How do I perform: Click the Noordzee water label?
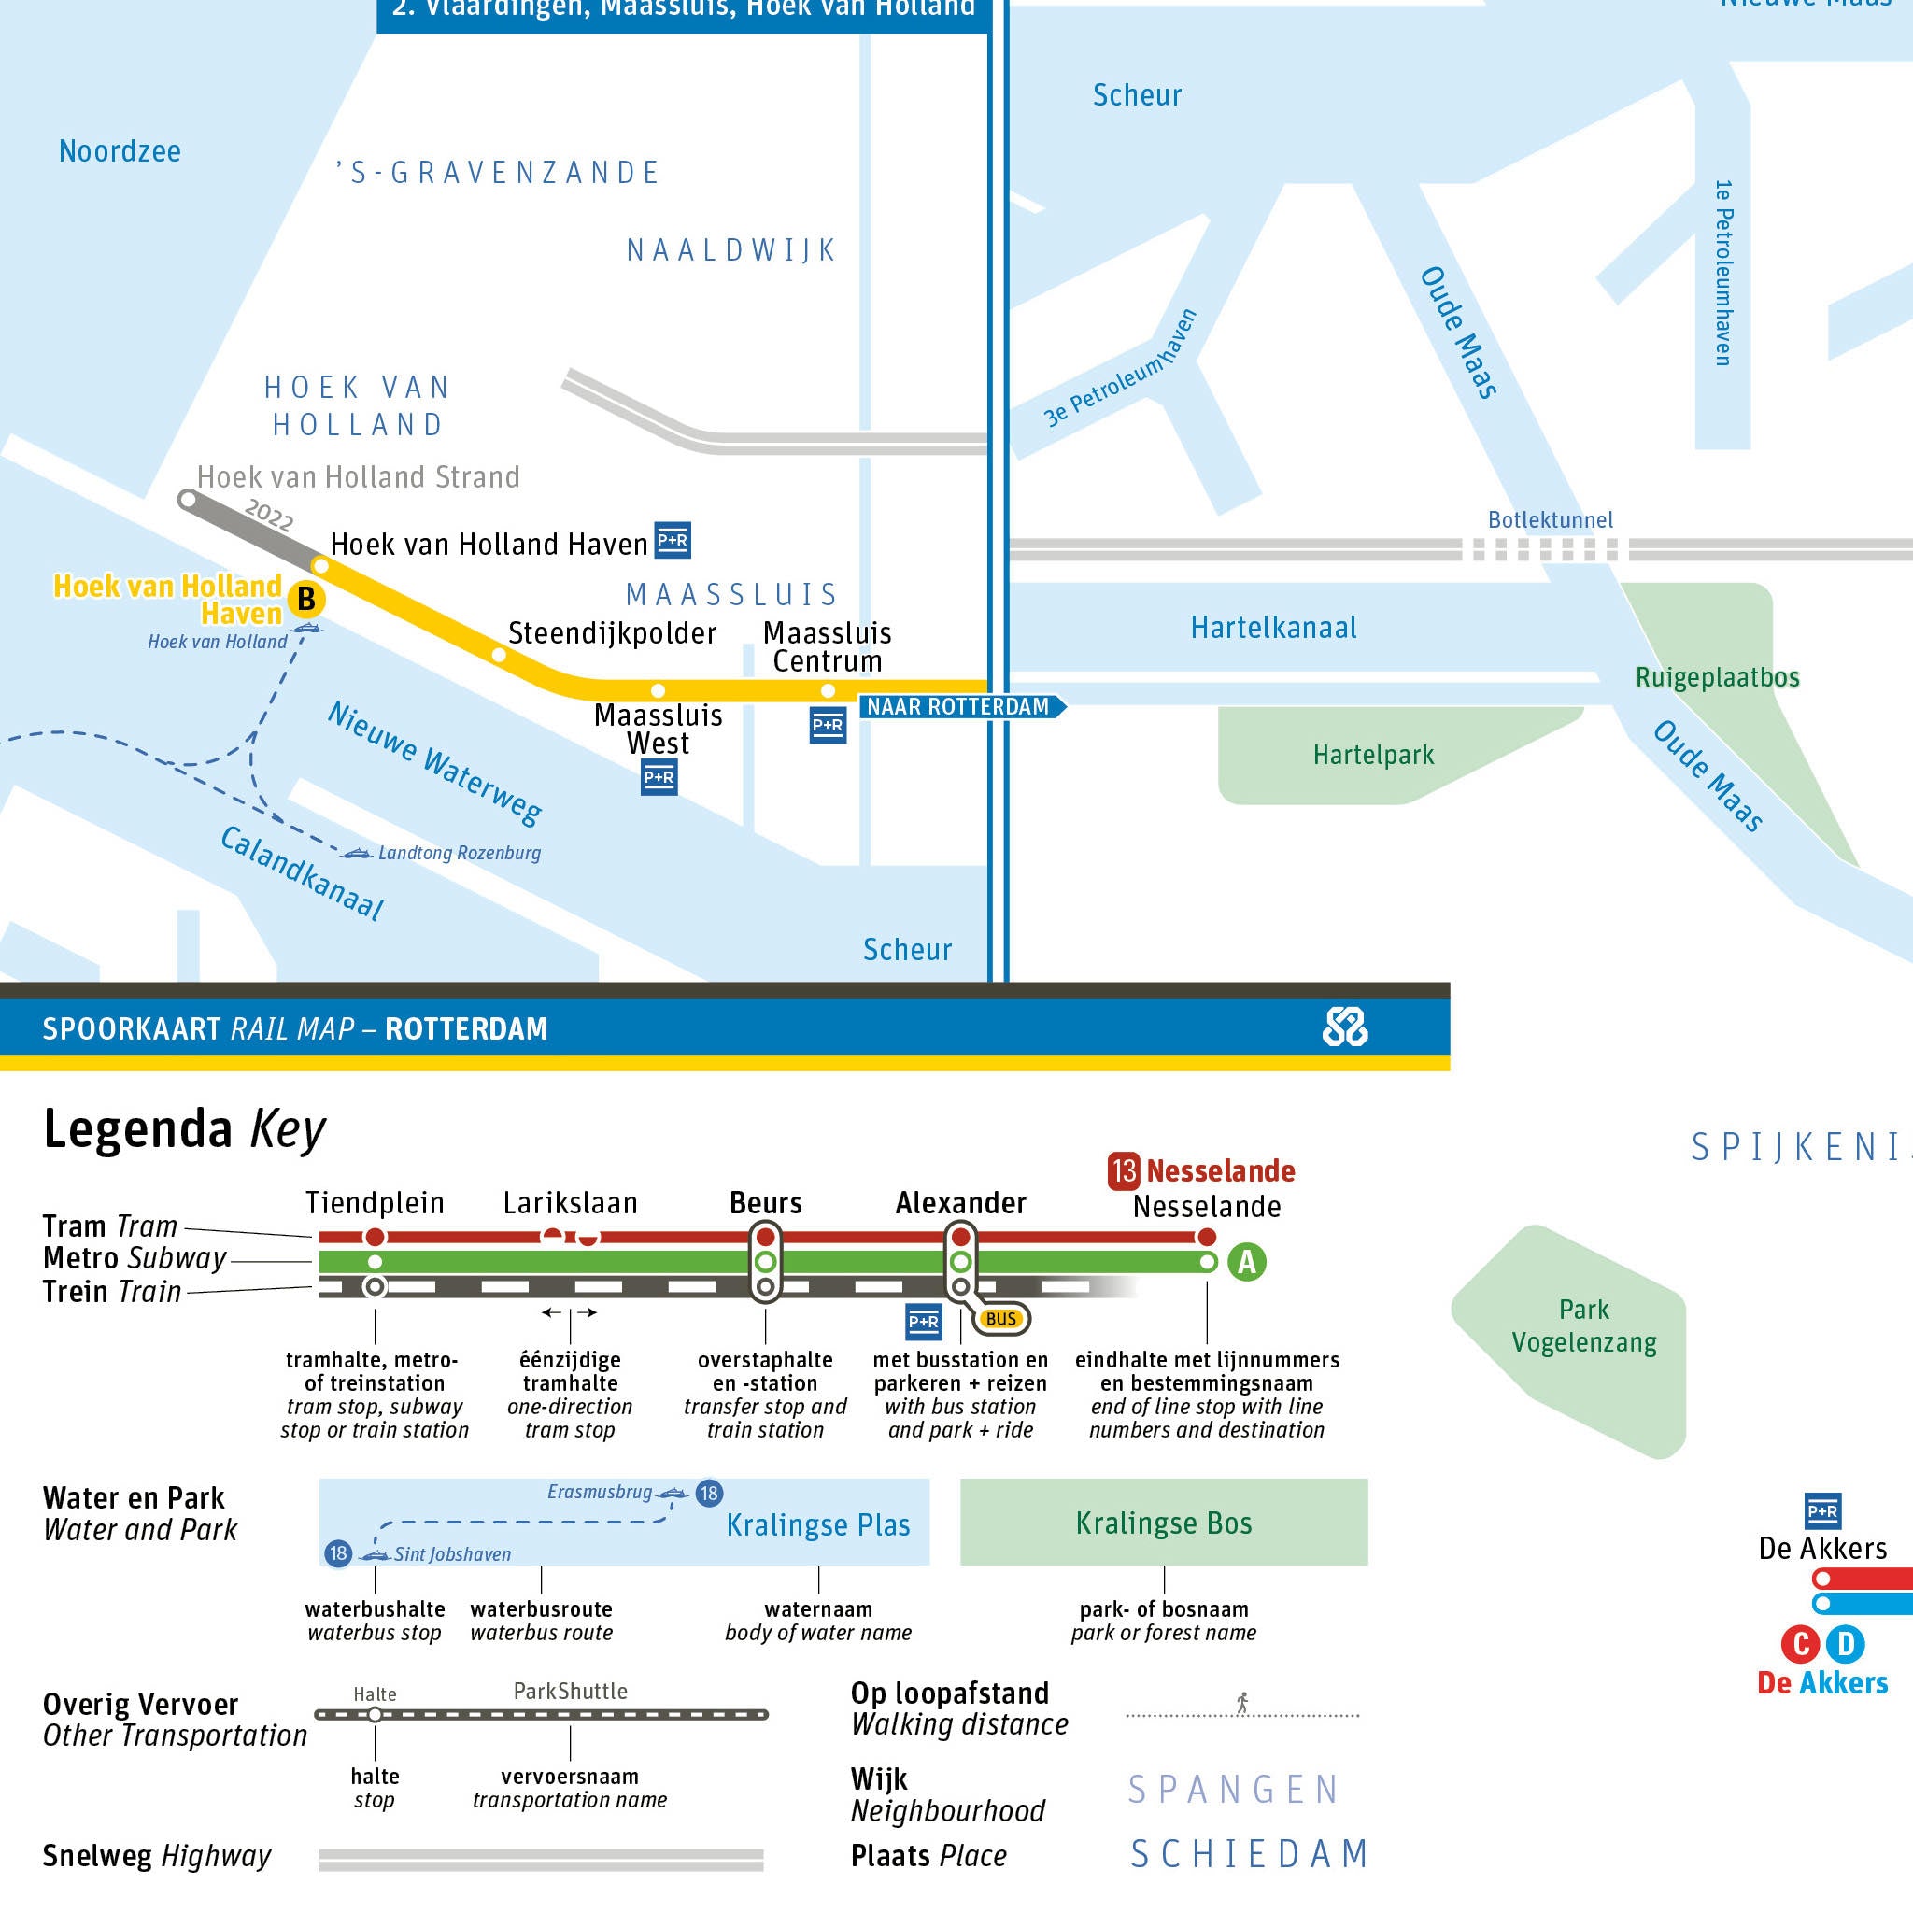click(120, 151)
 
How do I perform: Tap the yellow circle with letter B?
click(306, 599)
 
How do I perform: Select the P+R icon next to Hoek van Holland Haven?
click(673, 540)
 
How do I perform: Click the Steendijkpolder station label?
click(611, 633)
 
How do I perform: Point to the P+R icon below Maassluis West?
click(659, 777)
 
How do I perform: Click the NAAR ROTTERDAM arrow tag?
click(959, 707)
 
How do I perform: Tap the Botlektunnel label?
click(1550, 520)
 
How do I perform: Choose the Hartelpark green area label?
click(1372, 756)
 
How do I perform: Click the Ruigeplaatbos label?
click(1717, 677)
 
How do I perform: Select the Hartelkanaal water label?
click(1272, 628)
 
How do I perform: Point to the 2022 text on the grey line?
click(268, 516)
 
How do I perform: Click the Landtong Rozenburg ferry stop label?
click(459, 853)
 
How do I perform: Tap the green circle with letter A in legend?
click(1247, 1263)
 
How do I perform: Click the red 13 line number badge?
click(1124, 1171)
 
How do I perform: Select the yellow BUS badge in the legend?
click(1001, 1319)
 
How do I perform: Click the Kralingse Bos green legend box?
click(1164, 1523)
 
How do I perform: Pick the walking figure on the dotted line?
click(1241, 1702)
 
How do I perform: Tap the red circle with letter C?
click(1799, 1645)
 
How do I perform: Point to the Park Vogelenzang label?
click(1583, 1325)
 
